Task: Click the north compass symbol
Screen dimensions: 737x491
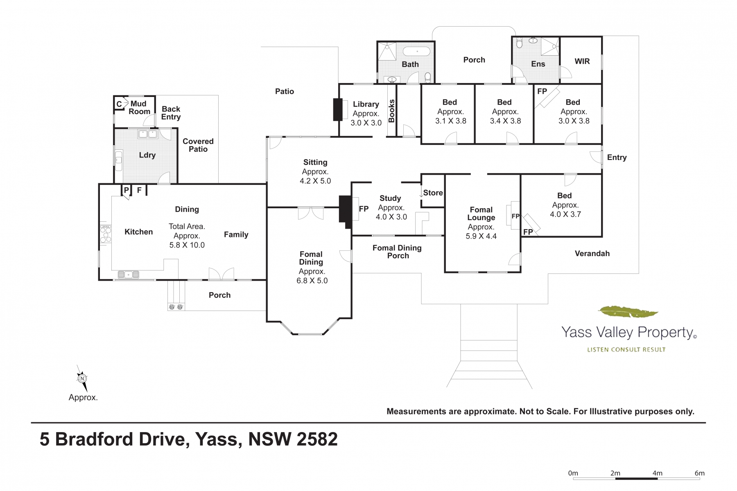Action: pyautogui.click(x=82, y=378)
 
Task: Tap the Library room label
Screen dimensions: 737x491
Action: pyautogui.click(x=366, y=104)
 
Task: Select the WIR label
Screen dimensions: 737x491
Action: pyautogui.click(x=582, y=61)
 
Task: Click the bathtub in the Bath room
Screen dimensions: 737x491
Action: pyautogui.click(x=417, y=52)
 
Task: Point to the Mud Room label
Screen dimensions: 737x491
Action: pyautogui.click(x=139, y=108)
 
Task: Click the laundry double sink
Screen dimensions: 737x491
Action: pyautogui.click(x=148, y=133)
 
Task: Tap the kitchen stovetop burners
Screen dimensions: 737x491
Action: pyautogui.click(x=106, y=234)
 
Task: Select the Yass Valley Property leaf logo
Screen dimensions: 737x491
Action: pyautogui.click(x=628, y=312)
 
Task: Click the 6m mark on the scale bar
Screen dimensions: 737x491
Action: pyautogui.click(x=700, y=473)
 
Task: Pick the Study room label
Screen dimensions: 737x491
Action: pyautogui.click(x=390, y=198)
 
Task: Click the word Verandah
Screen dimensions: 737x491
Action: pyautogui.click(x=592, y=254)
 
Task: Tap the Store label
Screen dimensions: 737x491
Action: pyautogui.click(x=433, y=193)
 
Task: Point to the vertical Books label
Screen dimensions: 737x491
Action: pyautogui.click(x=391, y=111)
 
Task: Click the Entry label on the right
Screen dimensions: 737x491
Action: pyautogui.click(x=617, y=158)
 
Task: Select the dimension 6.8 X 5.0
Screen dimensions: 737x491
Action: pyautogui.click(x=312, y=281)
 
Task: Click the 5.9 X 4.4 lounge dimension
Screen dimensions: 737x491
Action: pyautogui.click(x=481, y=236)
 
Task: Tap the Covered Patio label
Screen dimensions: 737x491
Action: pyautogui.click(x=198, y=145)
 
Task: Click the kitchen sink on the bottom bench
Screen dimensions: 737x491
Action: pyautogui.click(x=129, y=275)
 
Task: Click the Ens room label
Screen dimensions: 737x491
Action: pyautogui.click(x=538, y=64)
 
